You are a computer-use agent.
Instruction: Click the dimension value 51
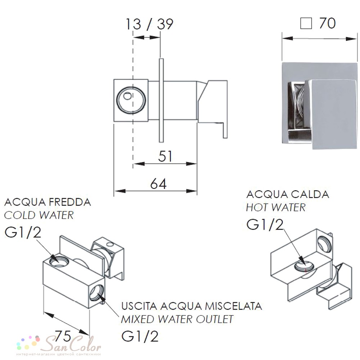(x=165, y=156)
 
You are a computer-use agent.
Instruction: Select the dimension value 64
(x=158, y=184)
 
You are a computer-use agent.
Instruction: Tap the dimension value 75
(x=63, y=336)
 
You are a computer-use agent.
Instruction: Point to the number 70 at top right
(x=328, y=23)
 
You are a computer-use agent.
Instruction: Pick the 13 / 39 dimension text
(x=149, y=24)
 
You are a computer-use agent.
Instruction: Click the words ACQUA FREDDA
(x=48, y=202)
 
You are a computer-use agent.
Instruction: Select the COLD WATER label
(x=39, y=215)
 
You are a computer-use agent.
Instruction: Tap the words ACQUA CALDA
(x=288, y=194)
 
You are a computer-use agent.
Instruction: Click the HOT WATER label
(x=276, y=207)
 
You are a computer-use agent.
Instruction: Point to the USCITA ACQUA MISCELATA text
(x=192, y=306)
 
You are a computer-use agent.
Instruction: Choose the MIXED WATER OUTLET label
(x=177, y=319)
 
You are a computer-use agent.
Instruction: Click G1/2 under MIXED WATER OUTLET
(x=140, y=337)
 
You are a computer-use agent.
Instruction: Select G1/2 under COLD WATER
(x=23, y=232)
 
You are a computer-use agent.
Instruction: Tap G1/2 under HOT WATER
(x=265, y=225)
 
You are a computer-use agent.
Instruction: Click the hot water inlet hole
(x=304, y=266)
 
